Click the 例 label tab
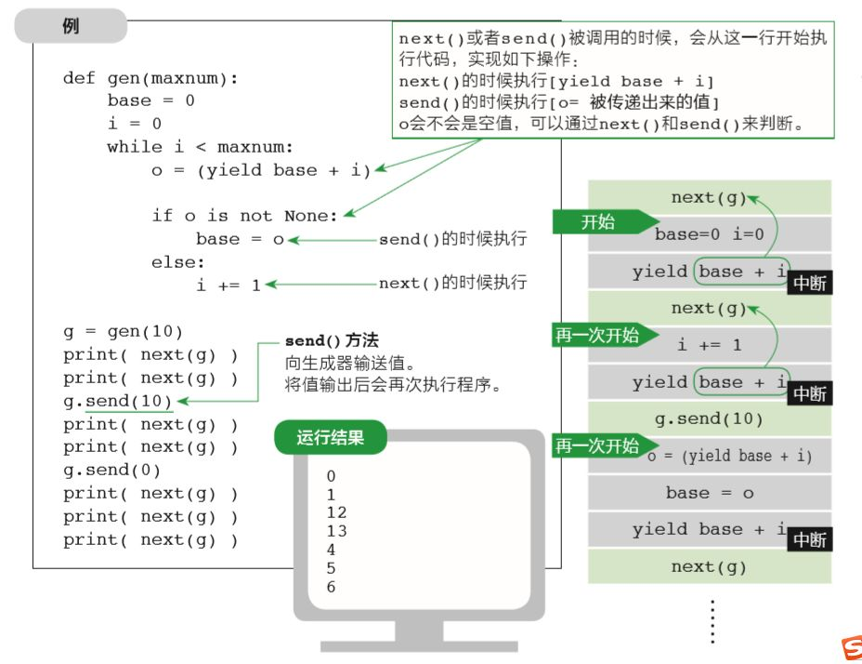coord(71,26)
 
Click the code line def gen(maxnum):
coord(150,78)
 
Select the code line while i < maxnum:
coord(200,147)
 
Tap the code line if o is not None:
coord(245,216)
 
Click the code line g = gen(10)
coord(123,331)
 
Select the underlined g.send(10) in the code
coord(128,401)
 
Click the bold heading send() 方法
coord(331,341)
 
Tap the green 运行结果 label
coord(330,437)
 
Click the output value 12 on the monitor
coord(336,512)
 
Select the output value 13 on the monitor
coord(336,531)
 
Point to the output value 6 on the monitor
coord(332,587)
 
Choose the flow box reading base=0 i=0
coord(709,234)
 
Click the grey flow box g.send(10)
coord(709,418)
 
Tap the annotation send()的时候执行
coord(452,240)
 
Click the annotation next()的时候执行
coord(452,284)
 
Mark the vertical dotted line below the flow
coord(712,621)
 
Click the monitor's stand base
coord(419,646)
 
